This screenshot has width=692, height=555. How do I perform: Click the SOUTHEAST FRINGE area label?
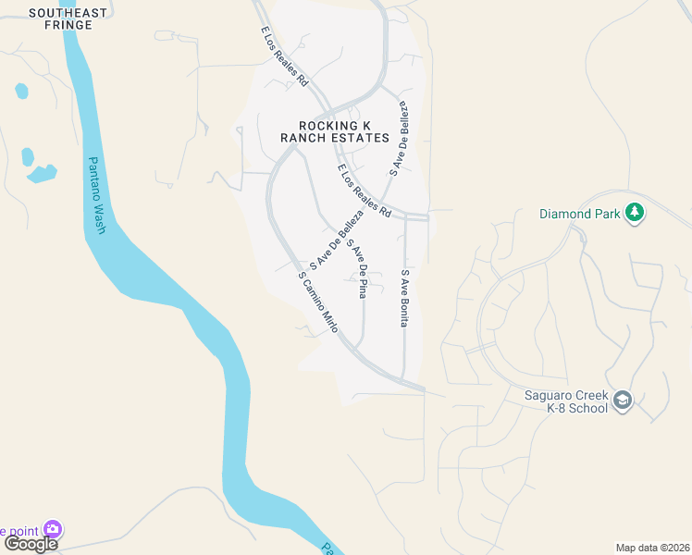click(x=68, y=19)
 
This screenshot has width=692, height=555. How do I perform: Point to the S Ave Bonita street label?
click(x=404, y=298)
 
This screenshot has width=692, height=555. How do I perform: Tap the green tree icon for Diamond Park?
click(x=634, y=214)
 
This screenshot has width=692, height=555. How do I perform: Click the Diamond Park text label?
click(x=579, y=214)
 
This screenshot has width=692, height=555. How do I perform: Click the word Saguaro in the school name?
click(x=542, y=396)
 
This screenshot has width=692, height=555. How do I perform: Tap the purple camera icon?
click(x=53, y=530)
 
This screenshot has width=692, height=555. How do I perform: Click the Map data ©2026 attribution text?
click(x=652, y=548)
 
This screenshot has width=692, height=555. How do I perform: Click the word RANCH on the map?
click(x=303, y=138)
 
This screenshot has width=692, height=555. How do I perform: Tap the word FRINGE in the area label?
click(x=68, y=25)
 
